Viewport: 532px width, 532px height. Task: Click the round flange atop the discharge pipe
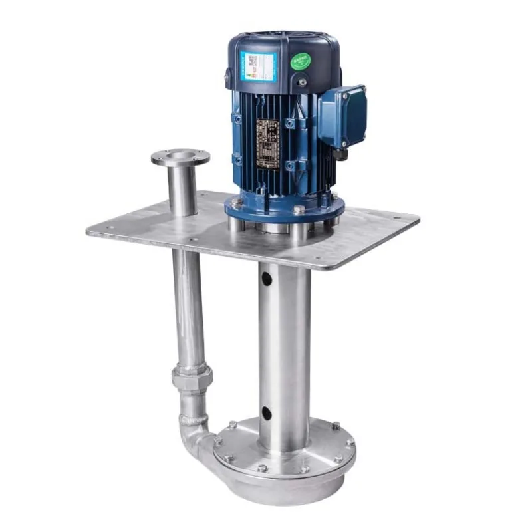coord(180,158)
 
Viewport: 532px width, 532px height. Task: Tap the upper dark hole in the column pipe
coord(267,278)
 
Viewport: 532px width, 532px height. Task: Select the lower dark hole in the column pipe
coord(266,412)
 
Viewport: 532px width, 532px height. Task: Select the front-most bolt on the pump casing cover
coord(262,468)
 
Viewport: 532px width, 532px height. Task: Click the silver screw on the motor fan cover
coord(303,82)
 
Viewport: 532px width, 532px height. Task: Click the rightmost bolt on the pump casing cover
coord(349,442)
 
